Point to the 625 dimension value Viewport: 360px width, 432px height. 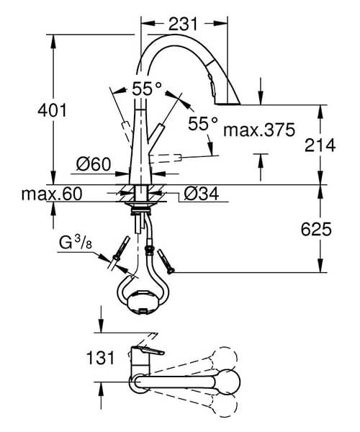[320, 230]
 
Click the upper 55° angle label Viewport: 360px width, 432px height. [148, 89]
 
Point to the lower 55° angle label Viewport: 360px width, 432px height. [203, 123]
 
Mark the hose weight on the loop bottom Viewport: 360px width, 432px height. [143, 298]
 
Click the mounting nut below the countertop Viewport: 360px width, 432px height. [141, 211]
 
